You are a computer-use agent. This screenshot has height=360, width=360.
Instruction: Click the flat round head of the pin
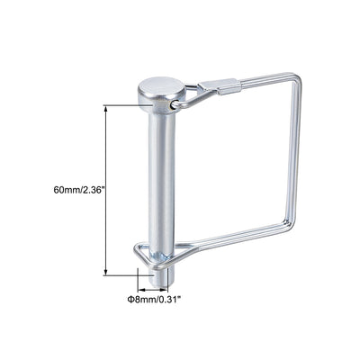coord(159,88)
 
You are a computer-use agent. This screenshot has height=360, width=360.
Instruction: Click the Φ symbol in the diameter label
coord(130,297)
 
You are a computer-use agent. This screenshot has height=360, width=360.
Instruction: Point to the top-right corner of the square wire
coord(297,78)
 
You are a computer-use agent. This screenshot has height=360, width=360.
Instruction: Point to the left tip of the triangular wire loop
coord(135,248)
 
